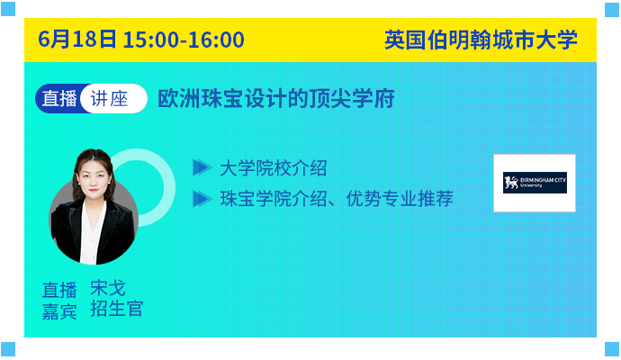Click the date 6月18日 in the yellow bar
(x=77, y=40)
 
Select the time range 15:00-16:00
(x=184, y=40)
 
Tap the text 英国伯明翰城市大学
(x=481, y=40)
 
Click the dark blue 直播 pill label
(x=59, y=99)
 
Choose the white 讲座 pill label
(x=110, y=99)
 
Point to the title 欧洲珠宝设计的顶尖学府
(x=276, y=99)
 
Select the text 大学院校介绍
(x=274, y=168)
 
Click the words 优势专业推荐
(x=400, y=198)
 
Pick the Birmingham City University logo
(x=535, y=183)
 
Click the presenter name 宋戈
(x=108, y=288)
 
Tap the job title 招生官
(x=116, y=309)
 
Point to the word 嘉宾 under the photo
(x=59, y=310)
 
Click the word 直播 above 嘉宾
(x=59, y=290)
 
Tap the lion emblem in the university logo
(x=511, y=183)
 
